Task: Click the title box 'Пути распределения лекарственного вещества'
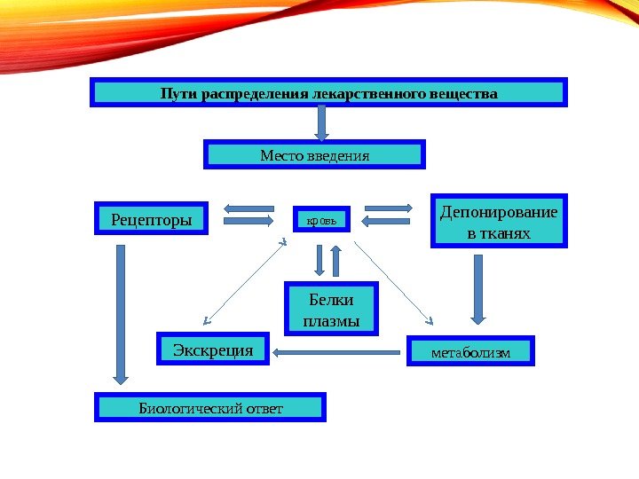point(327,92)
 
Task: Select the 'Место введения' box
point(315,154)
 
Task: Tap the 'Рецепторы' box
point(151,217)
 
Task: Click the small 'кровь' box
point(321,217)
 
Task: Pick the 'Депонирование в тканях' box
point(499,221)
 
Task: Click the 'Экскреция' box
point(213,350)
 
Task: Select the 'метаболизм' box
point(470,352)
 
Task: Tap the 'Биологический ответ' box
point(210,408)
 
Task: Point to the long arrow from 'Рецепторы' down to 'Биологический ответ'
point(121,315)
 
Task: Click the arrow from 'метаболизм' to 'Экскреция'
point(337,353)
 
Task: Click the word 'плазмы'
point(331,320)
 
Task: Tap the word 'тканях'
point(498,233)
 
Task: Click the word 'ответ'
point(263,408)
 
